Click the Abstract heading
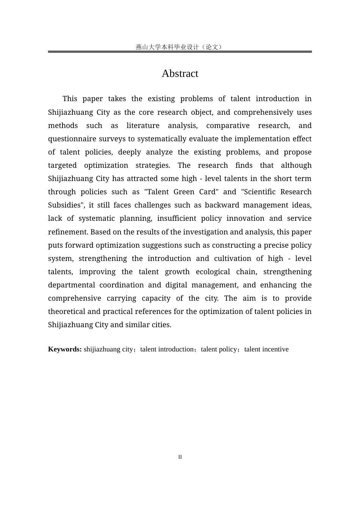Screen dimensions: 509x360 point(180,73)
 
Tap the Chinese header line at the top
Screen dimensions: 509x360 point(180,47)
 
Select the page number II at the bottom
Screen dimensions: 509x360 point(180,457)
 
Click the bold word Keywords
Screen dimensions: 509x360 point(65,349)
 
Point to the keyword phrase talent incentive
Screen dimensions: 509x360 point(266,349)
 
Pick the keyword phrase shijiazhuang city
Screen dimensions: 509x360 point(108,349)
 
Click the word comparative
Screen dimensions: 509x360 point(228,126)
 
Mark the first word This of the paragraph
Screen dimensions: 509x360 point(70,99)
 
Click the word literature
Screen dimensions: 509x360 point(143,126)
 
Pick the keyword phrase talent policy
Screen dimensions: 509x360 point(219,349)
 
